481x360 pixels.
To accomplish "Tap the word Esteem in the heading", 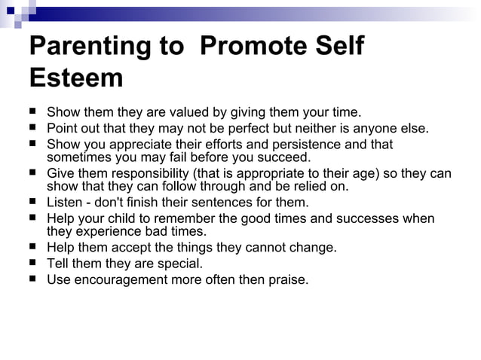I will (75, 78).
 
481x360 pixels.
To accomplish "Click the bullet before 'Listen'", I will (34, 202).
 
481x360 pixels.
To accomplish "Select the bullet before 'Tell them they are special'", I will (34, 263).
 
